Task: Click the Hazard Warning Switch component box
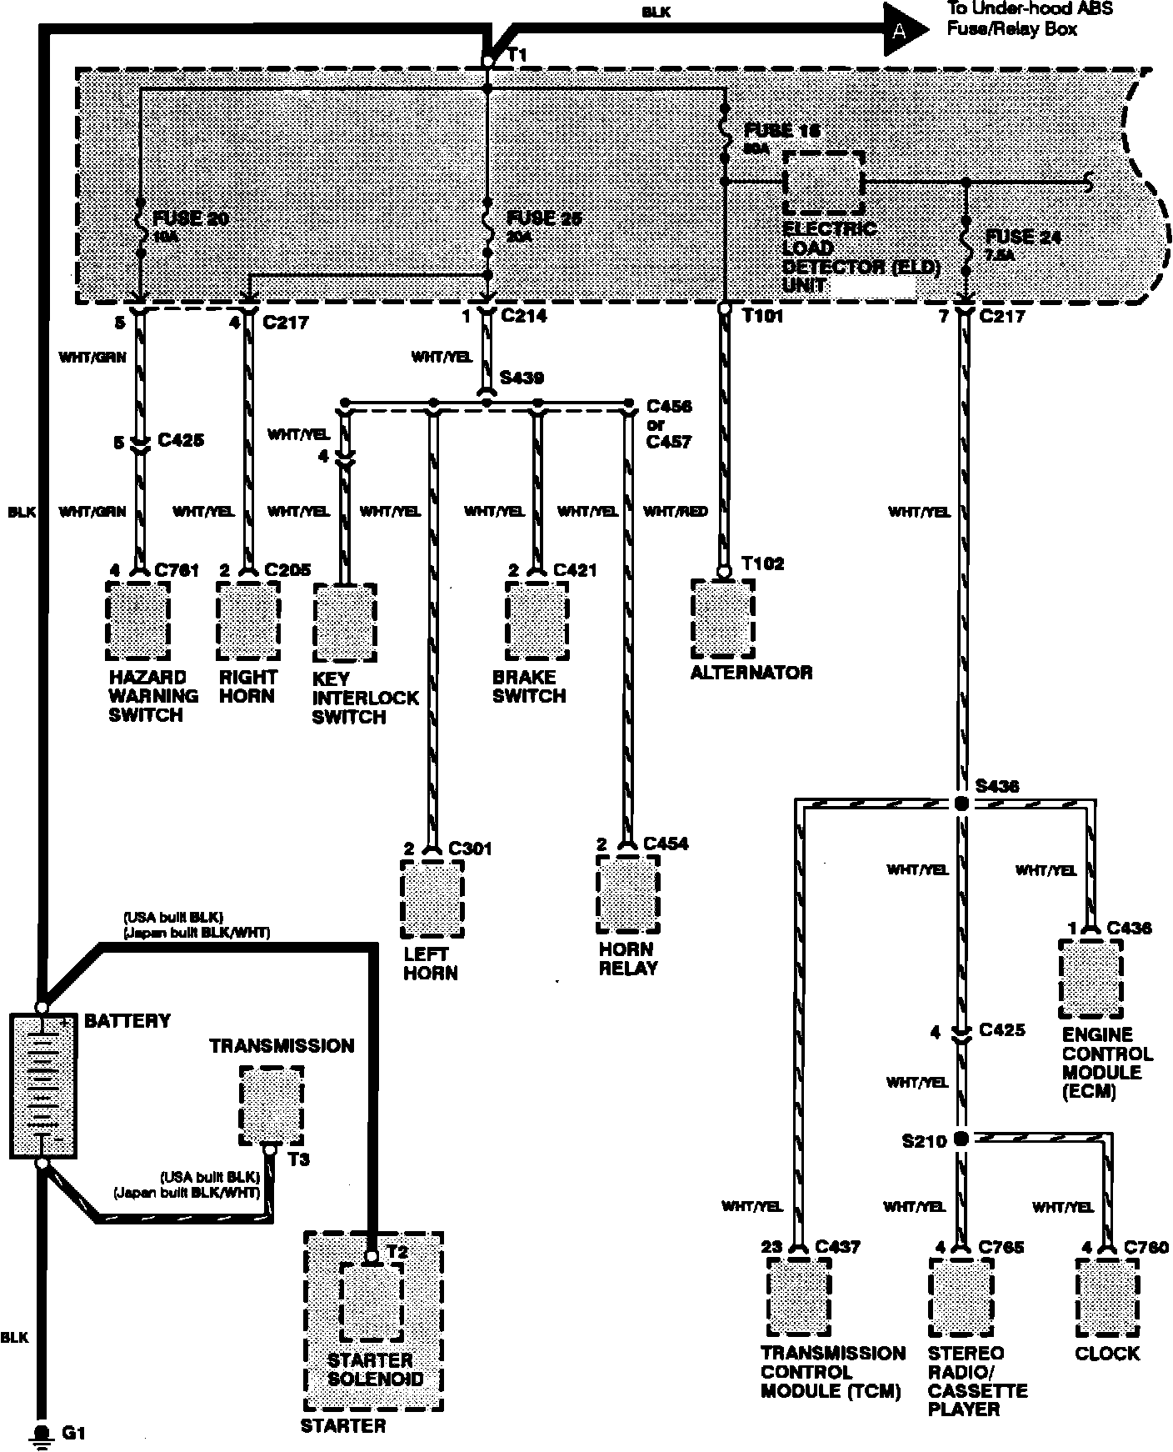[138, 620]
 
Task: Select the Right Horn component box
[247, 620]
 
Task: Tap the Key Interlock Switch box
[345, 622]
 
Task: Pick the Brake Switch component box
[537, 620]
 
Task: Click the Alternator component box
[723, 618]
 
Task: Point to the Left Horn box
[432, 899]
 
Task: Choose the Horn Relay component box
[628, 894]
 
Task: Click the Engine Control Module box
[1091, 979]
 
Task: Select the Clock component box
[1107, 1296]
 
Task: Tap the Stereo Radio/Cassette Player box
[961, 1296]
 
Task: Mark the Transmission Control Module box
[798, 1296]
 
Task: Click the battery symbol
[42, 1085]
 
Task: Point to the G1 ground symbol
[39, 1432]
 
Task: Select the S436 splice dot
[961, 804]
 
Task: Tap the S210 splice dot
[961, 1138]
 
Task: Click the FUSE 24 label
[1022, 237]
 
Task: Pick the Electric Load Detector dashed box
[822, 183]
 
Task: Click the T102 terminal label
[762, 563]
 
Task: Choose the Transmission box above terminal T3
[271, 1105]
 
